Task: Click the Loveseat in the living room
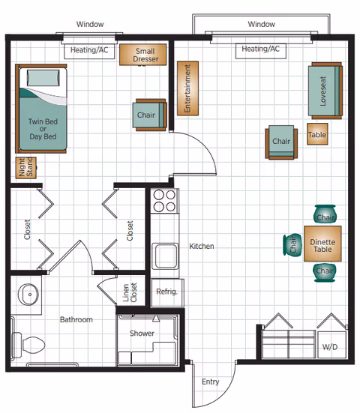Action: click(x=324, y=91)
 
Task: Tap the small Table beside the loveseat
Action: click(x=317, y=136)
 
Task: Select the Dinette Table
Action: click(x=324, y=244)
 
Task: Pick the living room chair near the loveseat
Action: click(x=281, y=142)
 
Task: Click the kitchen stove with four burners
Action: click(x=164, y=201)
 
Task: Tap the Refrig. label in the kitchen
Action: click(x=165, y=292)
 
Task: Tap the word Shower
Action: click(x=142, y=333)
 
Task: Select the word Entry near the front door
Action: click(x=211, y=382)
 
